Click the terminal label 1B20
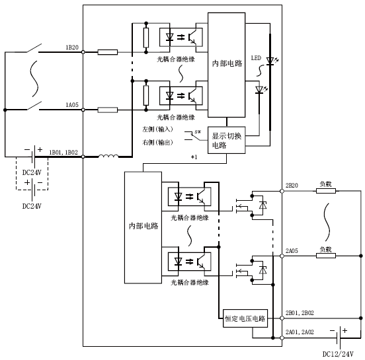(x=72, y=48)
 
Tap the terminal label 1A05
(x=72, y=105)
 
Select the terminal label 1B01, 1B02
(x=63, y=153)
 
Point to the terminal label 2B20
(x=292, y=186)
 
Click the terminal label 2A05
(x=292, y=251)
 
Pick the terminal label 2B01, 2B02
(x=300, y=313)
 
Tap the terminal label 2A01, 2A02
(x=300, y=332)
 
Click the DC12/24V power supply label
(x=338, y=354)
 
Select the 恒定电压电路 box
(x=245, y=318)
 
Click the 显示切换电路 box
(x=227, y=140)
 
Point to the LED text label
(x=256, y=58)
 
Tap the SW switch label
(x=198, y=132)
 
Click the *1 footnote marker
(x=194, y=157)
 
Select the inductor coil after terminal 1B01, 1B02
(x=108, y=156)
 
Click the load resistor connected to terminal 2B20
(x=326, y=191)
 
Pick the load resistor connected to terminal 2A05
(x=326, y=256)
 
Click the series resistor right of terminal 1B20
(x=108, y=52)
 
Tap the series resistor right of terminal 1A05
(x=108, y=110)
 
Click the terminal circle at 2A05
(x=282, y=256)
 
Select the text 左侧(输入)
(x=157, y=129)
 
